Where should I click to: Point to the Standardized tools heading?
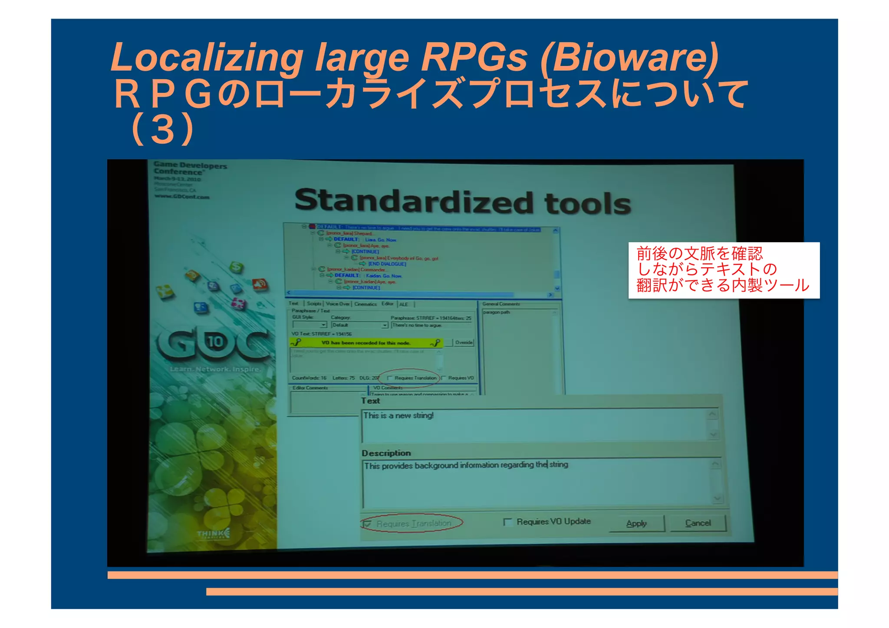pos(462,202)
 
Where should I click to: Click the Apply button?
pos(636,523)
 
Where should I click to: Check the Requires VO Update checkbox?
pos(507,522)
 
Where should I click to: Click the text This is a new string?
pos(398,415)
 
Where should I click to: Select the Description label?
pos(386,453)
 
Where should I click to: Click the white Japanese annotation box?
pos(724,270)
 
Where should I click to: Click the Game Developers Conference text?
pos(190,168)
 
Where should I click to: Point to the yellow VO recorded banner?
pos(365,343)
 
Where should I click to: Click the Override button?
pos(464,342)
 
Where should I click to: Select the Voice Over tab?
pos(338,304)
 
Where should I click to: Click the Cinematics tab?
pos(365,304)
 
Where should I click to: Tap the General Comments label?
pos(500,304)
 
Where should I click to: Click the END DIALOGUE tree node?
pos(387,264)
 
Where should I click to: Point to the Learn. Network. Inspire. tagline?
pos(215,369)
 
